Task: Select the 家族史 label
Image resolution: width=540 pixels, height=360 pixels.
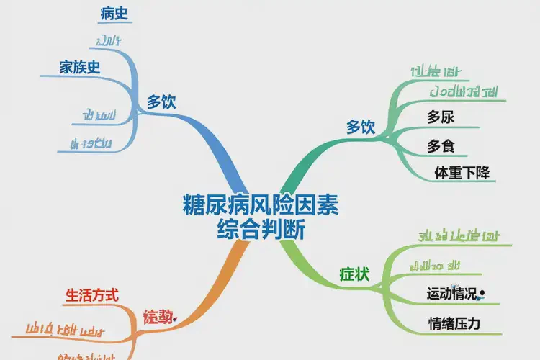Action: point(79,68)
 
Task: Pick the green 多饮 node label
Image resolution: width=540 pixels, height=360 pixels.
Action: point(361,127)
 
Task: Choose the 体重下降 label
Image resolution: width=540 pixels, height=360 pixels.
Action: point(461,173)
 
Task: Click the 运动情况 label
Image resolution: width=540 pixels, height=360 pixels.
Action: point(451,294)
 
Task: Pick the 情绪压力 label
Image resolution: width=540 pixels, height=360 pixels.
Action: point(454,324)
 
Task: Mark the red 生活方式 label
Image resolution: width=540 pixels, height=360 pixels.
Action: point(92,295)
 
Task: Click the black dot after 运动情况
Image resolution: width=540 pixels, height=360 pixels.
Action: point(482,293)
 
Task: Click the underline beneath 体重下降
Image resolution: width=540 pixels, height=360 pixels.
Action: point(461,182)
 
